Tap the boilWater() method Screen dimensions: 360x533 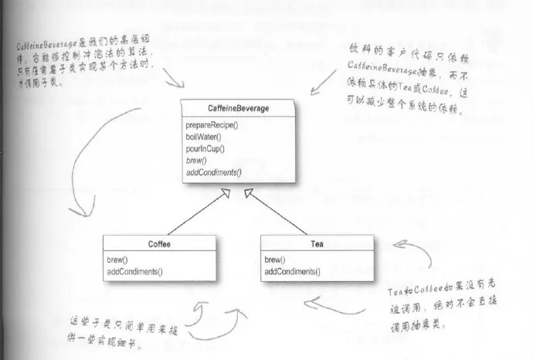point(202,135)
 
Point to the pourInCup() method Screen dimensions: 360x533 point(204,147)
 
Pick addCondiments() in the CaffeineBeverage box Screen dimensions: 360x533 point(214,170)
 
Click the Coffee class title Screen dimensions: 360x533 point(158,244)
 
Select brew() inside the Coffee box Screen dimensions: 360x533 point(117,260)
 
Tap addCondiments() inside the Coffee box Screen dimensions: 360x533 point(134,272)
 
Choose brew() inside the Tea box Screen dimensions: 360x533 point(275,260)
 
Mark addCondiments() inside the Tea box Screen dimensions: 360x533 point(292,272)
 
